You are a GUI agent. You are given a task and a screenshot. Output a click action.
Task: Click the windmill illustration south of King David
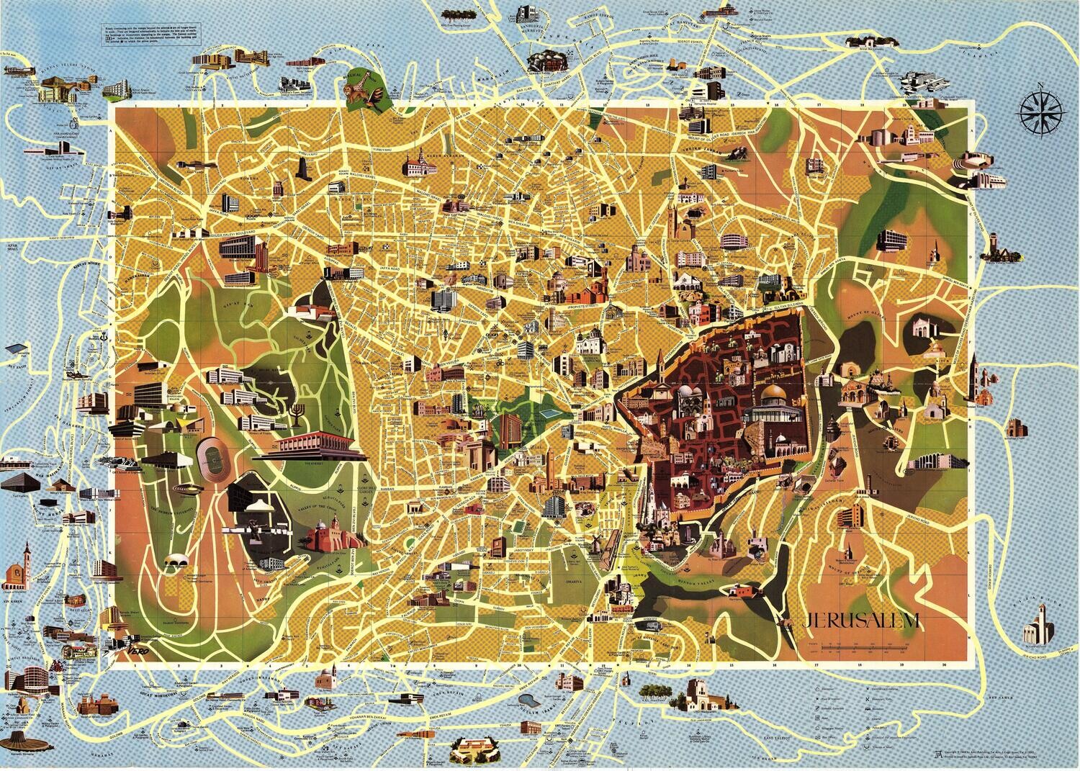tap(597, 545)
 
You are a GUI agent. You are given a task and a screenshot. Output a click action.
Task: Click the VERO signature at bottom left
tap(127, 648)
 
